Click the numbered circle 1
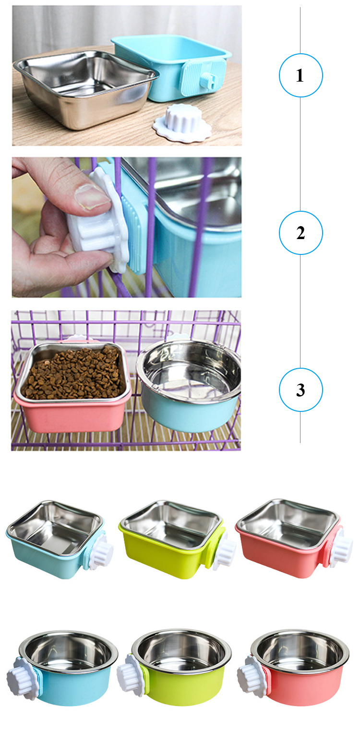pyautogui.click(x=301, y=75)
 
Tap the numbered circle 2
pyautogui.click(x=301, y=233)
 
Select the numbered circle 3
pyautogui.click(x=301, y=390)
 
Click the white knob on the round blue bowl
pyautogui.click(x=19, y=674)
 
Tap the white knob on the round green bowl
pyautogui.click(x=129, y=674)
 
